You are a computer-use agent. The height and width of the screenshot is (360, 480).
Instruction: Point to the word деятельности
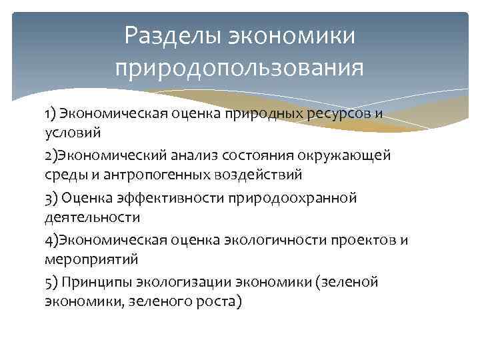pos(92,217)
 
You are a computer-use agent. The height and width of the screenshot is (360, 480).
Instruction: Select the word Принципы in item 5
pos(94,283)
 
